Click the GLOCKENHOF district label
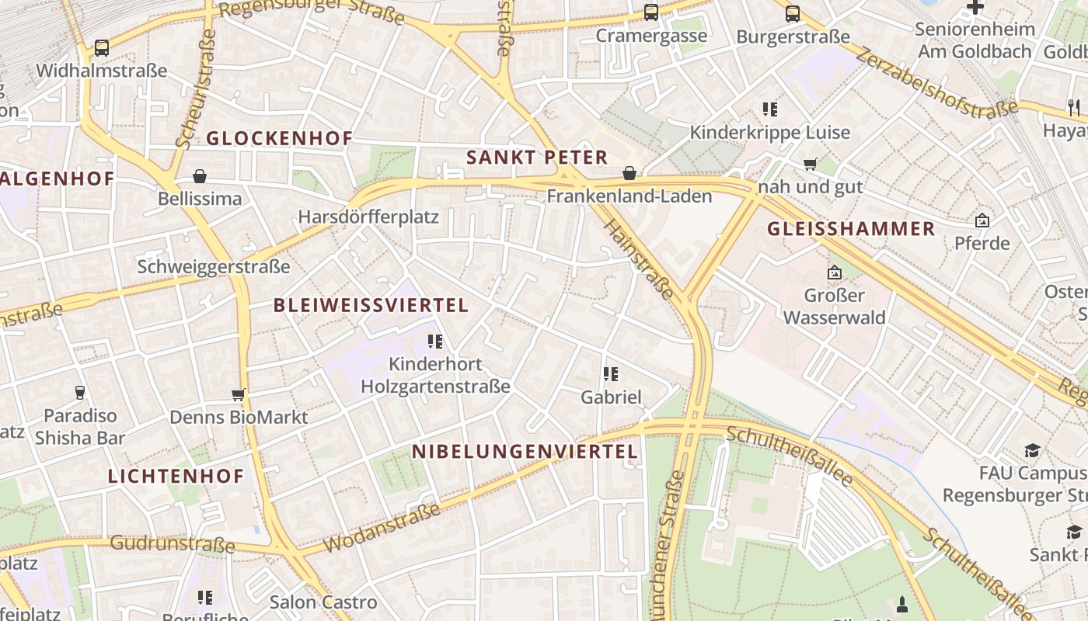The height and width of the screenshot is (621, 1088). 279,138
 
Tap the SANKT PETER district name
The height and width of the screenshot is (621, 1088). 536,158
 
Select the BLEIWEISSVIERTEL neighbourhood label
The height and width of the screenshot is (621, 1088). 371,305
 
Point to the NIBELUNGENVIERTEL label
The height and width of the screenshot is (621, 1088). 525,451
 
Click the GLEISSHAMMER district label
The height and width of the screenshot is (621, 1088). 851,228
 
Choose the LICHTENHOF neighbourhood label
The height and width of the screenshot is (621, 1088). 176,476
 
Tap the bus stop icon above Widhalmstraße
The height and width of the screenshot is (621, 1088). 102,48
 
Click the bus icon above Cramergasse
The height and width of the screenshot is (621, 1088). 651,12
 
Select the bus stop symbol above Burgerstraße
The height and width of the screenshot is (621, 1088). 793,13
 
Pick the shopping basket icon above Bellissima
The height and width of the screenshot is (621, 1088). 200,176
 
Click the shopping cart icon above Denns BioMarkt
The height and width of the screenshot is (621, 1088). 239,394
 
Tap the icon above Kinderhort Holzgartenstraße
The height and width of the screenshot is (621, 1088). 435,341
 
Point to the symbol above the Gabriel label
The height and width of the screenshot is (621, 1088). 611,374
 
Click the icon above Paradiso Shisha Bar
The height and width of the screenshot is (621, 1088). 79,393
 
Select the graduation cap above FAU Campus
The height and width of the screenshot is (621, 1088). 1032,450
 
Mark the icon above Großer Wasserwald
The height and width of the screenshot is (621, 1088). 835,272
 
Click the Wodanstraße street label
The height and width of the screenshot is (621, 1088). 382,528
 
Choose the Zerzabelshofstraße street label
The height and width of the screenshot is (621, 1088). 936,81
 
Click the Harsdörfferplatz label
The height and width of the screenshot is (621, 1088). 368,217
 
